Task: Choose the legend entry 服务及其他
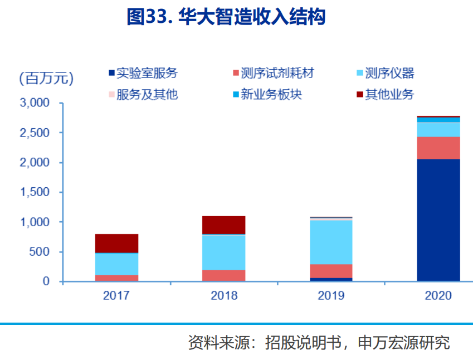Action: pyautogui.click(x=147, y=94)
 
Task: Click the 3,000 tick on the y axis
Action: pyautogui.click(x=35, y=104)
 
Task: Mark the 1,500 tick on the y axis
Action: pyautogui.click(x=35, y=193)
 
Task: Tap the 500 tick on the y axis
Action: pyautogui.click(x=40, y=252)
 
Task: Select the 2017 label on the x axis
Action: pyautogui.click(x=116, y=295)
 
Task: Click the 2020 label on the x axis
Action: pyautogui.click(x=438, y=295)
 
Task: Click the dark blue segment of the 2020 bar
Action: pyautogui.click(x=438, y=220)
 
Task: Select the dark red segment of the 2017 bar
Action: pyautogui.click(x=116, y=244)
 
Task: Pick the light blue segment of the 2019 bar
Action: pyautogui.click(x=331, y=242)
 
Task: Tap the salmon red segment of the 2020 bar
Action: pyautogui.click(x=438, y=148)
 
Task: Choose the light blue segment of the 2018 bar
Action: pyautogui.click(x=224, y=252)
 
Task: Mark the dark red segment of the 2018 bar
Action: pyautogui.click(x=224, y=225)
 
